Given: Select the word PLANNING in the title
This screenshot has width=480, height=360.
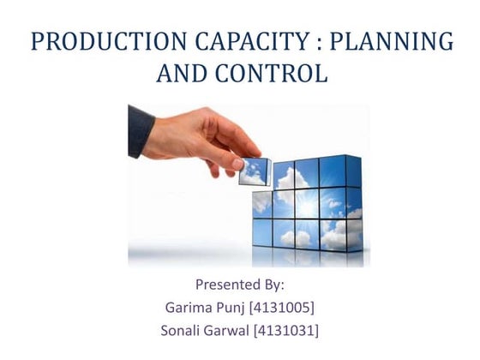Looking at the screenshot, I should (x=401, y=41).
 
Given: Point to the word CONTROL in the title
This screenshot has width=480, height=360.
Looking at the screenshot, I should (x=277, y=75).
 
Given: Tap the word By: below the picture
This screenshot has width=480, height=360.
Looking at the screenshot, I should (x=275, y=284).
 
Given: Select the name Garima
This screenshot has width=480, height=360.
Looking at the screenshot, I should (x=190, y=307).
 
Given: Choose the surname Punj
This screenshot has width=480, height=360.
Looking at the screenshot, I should (x=243, y=307).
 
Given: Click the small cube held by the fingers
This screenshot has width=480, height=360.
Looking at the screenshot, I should (x=254, y=171).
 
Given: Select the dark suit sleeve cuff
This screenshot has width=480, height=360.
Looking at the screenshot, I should (x=141, y=131).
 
